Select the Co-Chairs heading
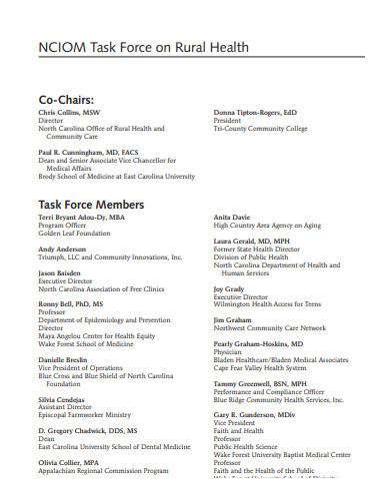coord(67,100)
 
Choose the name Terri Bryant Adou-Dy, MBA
coord(82,217)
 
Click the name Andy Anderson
coord(62,249)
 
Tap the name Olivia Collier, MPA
coord(69,463)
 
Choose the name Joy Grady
coord(229,288)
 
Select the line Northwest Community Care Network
coord(270,328)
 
